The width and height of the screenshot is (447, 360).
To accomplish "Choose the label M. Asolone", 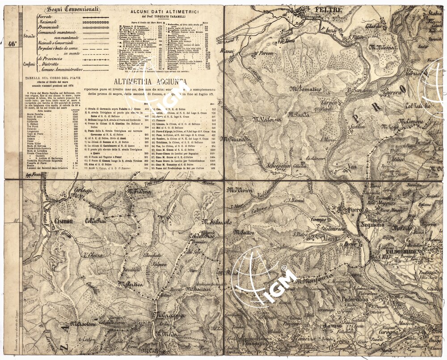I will pyautogui.click(x=80, y=323).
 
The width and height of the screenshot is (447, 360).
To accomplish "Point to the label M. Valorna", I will pyautogui.click(x=263, y=119).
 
